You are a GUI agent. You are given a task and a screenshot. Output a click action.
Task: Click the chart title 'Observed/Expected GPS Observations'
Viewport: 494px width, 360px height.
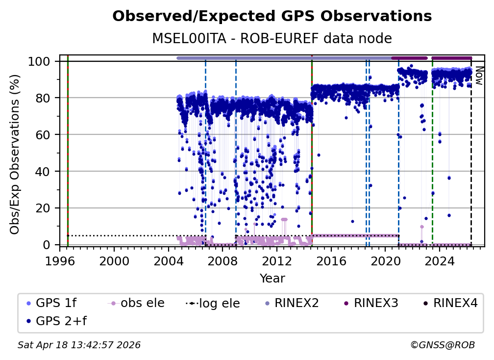pyautogui.click(x=272, y=17)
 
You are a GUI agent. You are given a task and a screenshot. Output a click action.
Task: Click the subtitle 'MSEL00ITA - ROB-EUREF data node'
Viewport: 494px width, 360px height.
pyautogui.click(x=272, y=39)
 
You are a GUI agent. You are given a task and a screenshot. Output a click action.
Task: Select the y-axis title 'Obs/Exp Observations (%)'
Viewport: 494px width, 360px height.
pyautogui.click(x=15, y=154)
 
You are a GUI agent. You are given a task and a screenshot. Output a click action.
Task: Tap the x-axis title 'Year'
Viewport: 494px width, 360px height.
pyautogui.click(x=272, y=279)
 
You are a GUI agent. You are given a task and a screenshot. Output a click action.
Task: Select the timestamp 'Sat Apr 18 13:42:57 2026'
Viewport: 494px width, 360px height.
pyautogui.click(x=79, y=345)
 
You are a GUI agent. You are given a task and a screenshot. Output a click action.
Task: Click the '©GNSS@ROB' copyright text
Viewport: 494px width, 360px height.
pyautogui.click(x=442, y=345)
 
